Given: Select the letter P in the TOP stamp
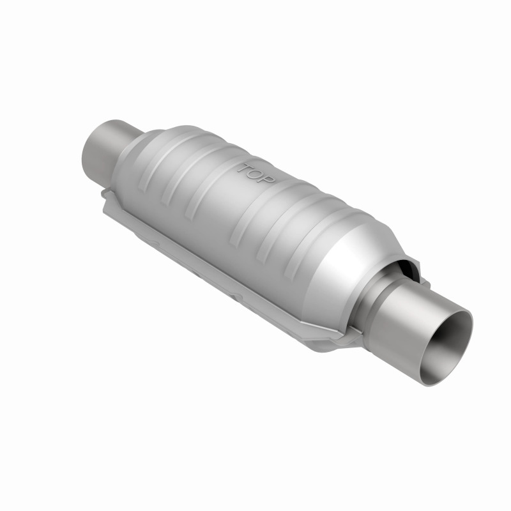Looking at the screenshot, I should (268, 180).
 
